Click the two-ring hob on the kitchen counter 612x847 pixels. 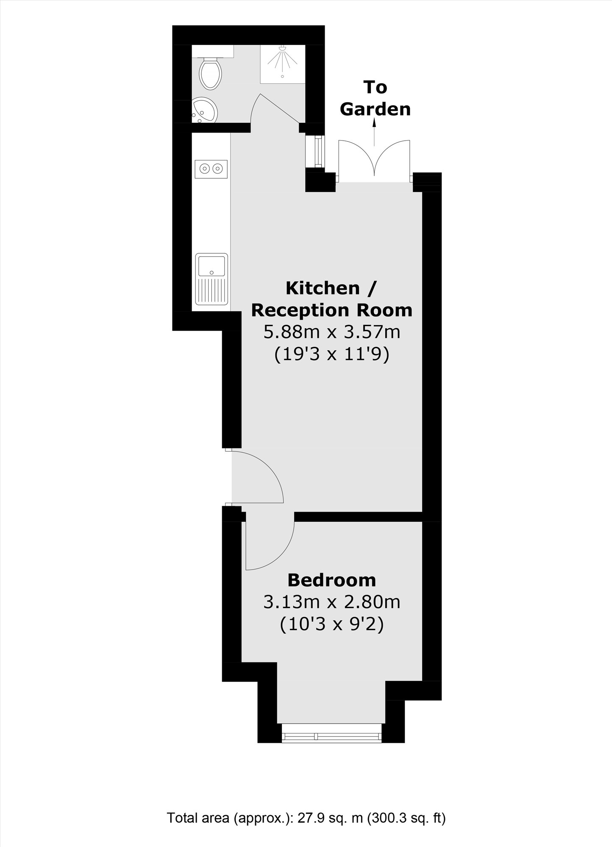[211, 169]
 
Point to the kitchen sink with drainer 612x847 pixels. [211, 280]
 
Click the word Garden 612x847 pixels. [376, 110]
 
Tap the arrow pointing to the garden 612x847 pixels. [374, 132]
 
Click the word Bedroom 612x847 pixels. [332, 580]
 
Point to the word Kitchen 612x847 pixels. [323, 288]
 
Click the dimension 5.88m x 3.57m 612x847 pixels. [332, 332]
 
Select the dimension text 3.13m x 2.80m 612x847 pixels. [332, 602]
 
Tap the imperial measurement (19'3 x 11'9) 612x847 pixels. [332, 354]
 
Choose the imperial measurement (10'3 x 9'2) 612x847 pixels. [332, 624]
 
